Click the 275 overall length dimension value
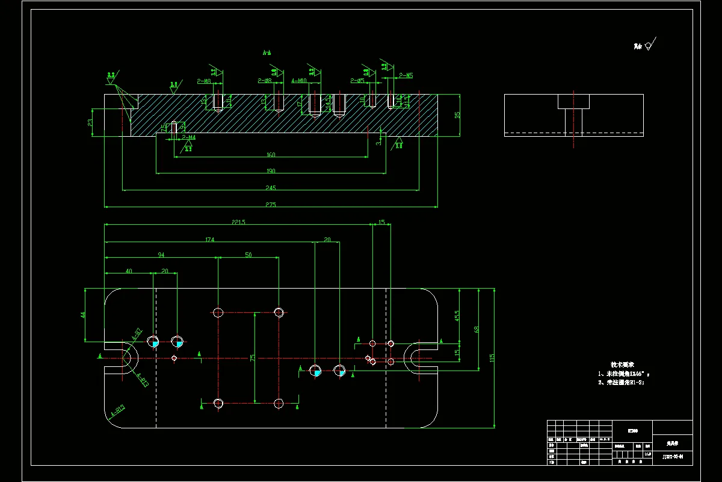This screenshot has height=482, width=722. coord(270,205)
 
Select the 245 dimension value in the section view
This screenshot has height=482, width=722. coord(270,187)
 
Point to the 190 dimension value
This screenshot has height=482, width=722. coord(271,171)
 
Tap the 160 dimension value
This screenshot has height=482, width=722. coord(271,155)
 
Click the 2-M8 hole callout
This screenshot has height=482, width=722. coord(204,81)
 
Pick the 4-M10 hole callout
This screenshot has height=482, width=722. coord(299,80)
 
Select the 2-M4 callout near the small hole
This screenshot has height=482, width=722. coord(189,138)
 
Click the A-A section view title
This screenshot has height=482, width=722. coord(267,53)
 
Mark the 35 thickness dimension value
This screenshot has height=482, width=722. coord(457,114)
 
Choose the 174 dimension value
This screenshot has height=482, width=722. coord(210,240)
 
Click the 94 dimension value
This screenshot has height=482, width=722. coord(161,255)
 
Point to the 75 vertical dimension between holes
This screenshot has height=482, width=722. coord(253,358)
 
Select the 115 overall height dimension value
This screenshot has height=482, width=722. coord(492,358)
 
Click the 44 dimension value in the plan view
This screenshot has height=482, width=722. coord(83,314)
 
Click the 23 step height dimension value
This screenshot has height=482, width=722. coord(90,122)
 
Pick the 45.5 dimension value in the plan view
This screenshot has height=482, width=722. coord(457,315)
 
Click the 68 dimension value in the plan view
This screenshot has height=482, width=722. coord(477,329)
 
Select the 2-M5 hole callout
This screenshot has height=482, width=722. coord(406,76)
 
